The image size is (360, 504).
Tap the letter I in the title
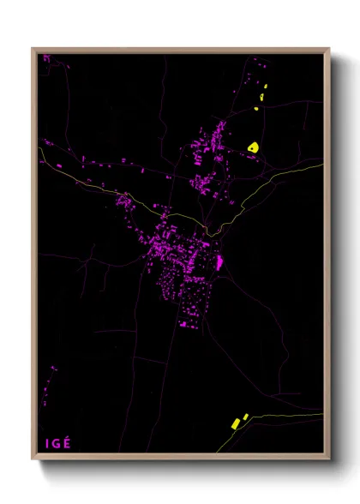click(x=47, y=443)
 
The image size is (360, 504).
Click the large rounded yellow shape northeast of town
click(x=253, y=147)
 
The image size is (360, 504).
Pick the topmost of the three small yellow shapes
click(x=265, y=88)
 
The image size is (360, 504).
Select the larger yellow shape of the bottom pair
click(x=235, y=423)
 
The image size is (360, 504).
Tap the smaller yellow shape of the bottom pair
click(x=245, y=417)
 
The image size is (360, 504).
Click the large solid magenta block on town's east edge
click(x=219, y=262)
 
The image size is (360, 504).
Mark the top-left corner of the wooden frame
click(x=33, y=50)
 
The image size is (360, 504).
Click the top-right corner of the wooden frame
click(x=328, y=50)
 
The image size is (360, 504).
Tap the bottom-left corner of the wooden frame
click(x=33, y=459)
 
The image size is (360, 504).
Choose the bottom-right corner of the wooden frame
click(x=328, y=459)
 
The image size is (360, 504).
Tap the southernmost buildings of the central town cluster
click(x=187, y=324)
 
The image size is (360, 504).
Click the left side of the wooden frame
click(x=34, y=257)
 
